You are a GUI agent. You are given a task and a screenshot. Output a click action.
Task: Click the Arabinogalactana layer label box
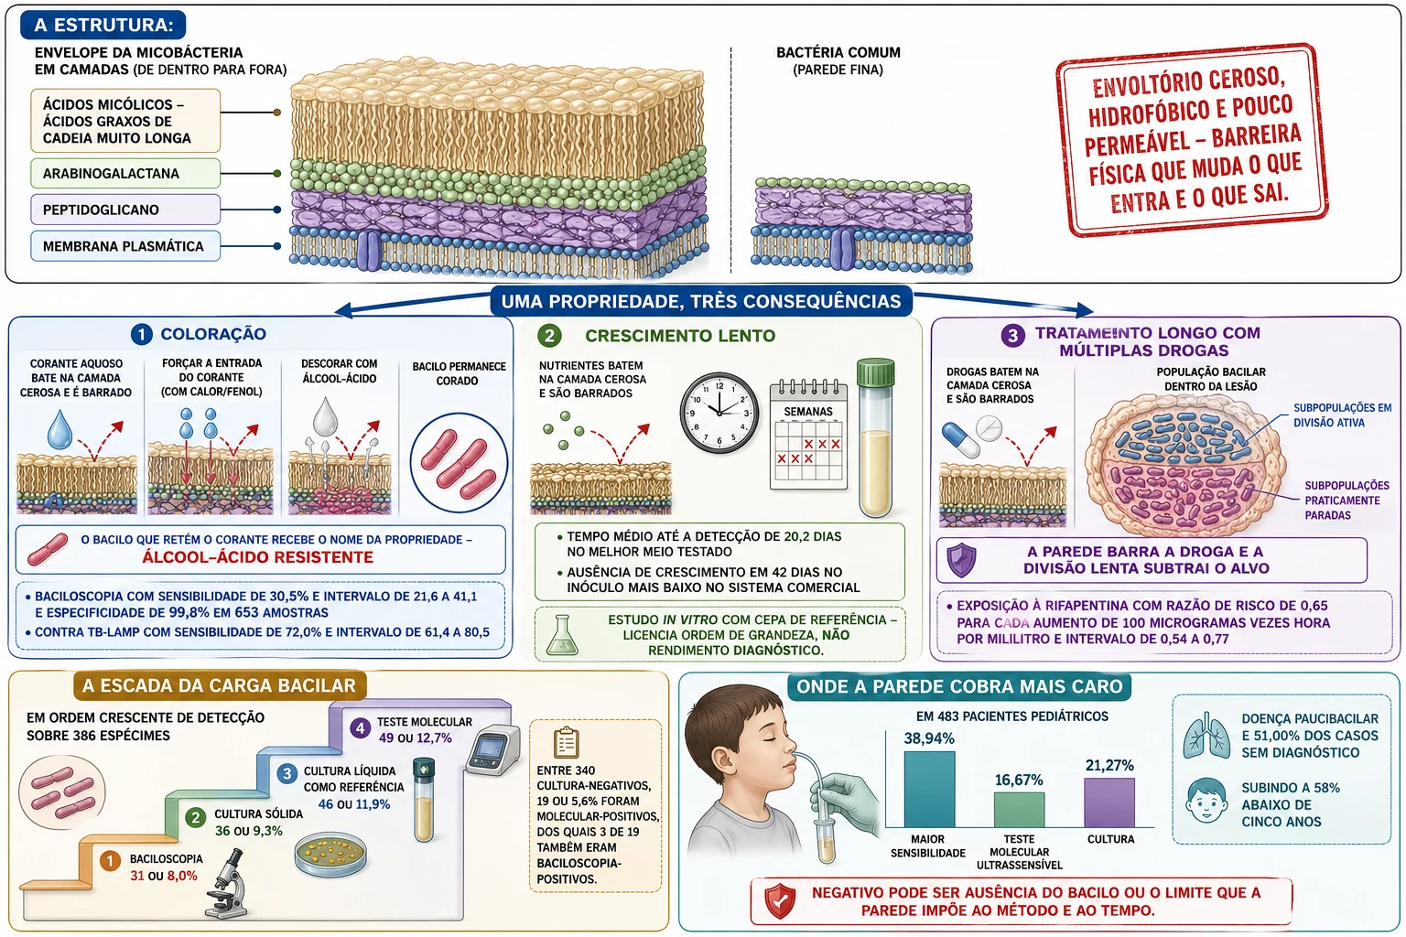pos(125,173)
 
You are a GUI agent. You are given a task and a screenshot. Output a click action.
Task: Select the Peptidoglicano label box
pos(125,210)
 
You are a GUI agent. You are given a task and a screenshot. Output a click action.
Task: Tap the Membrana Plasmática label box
pos(125,246)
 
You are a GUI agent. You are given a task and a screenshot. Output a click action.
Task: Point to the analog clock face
pos(719,413)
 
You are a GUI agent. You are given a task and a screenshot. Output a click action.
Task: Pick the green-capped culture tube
pos(876,438)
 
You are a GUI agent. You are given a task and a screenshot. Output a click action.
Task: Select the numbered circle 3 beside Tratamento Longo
pos(1012,336)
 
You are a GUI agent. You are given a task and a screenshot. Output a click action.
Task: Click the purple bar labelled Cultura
pos(1109,802)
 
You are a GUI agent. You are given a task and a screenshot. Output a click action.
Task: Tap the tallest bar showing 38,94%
pos(929,789)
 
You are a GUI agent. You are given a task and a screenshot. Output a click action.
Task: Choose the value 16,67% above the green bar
pos(1019,781)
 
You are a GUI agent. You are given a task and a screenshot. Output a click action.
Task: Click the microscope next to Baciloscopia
pos(227,883)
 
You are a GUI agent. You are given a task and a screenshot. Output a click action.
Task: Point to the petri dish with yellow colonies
pos(330,854)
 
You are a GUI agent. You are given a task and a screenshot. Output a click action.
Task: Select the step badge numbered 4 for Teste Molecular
pos(361,728)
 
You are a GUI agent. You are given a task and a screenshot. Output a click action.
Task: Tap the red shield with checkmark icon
pos(780,901)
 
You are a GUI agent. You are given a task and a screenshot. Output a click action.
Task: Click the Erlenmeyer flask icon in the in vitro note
pos(562,635)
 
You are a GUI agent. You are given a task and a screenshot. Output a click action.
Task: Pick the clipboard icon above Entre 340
pos(567,742)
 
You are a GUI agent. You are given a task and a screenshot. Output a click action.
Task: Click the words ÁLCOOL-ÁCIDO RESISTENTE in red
pos(257,557)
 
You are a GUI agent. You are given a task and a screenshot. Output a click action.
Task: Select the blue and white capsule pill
pos(960,439)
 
